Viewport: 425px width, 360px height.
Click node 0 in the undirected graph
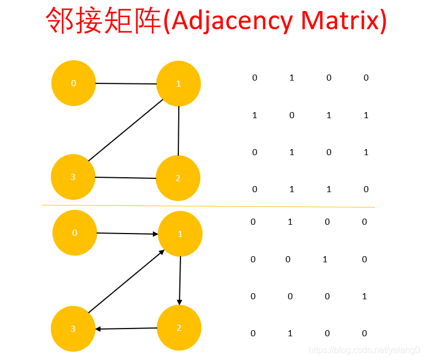pos(73,83)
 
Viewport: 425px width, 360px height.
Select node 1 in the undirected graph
pos(178,84)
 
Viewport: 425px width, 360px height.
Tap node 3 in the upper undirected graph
pos(73,177)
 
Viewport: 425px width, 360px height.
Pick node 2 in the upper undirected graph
pos(178,178)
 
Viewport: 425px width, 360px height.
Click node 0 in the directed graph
pos(75,232)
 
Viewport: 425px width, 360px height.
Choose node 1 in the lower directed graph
pos(180,234)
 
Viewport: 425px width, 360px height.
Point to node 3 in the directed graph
pos(73,329)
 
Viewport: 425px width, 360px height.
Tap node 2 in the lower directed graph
pos(179,327)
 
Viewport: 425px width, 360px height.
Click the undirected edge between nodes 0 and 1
pos(126,83)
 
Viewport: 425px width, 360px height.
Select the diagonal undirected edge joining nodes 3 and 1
pos(125,130)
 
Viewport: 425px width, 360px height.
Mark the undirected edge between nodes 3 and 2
pos(125,178)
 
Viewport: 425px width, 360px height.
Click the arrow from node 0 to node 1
pos(127,234)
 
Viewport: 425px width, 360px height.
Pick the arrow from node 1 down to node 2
pos(180,280)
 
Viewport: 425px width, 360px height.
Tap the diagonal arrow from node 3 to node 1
pos(126,281)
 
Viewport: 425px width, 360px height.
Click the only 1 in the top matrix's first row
pos(291,78)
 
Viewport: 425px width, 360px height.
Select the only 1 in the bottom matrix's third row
pos(364,297)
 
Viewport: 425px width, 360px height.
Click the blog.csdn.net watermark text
pos(364,350)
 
